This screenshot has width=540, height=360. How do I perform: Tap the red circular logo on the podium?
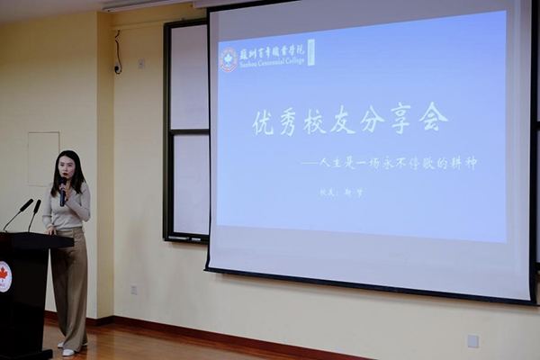[x=4, y=276]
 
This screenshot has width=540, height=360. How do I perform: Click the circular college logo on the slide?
[x=229, y=59]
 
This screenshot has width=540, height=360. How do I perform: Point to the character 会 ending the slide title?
[x=432, y=117]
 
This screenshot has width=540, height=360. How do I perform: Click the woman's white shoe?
[x=68, y=351]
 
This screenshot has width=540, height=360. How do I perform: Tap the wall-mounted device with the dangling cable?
[x=117, y=67]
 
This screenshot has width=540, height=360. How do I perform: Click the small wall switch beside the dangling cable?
[x=140, y=64]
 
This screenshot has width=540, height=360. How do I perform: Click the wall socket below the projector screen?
[x=473, y=340]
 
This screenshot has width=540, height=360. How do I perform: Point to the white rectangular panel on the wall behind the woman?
[x=42, y=158]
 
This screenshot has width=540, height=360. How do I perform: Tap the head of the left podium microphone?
[x=28, y=204]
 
